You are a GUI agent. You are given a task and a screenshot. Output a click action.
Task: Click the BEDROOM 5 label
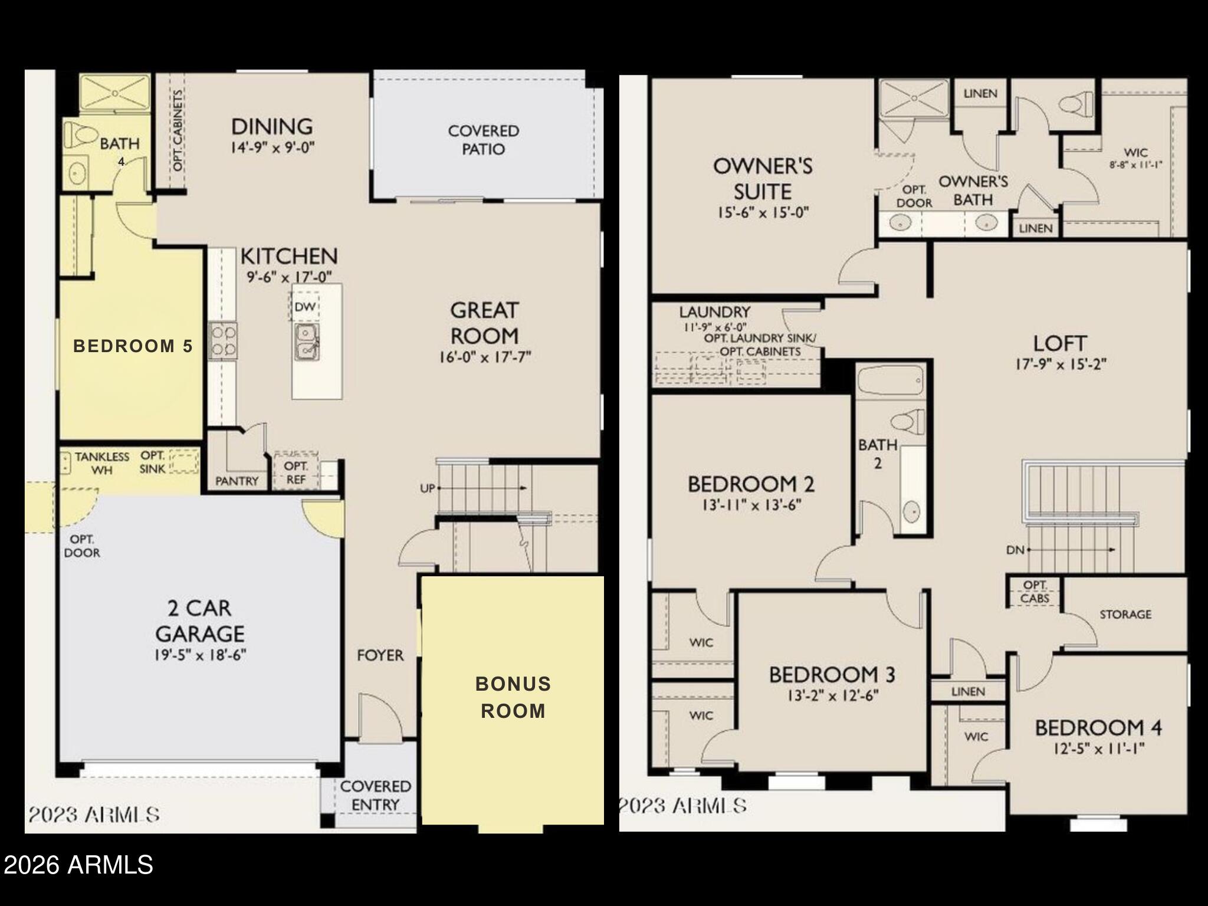(x=133, y=346)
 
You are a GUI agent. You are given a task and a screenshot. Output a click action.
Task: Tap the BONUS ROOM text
(x=513, y=697)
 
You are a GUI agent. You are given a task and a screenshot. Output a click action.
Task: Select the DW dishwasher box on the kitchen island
(x=306, y=307)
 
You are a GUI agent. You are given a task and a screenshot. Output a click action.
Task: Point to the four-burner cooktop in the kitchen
(x=223, y=341)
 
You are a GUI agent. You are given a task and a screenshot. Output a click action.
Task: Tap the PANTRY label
(x=237, y=481)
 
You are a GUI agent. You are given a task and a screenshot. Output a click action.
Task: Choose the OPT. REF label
(x=296, y=472)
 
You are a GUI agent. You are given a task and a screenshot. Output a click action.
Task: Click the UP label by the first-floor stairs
(x=428, y=488)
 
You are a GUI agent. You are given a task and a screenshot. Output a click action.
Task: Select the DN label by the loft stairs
(x=1015, y=550)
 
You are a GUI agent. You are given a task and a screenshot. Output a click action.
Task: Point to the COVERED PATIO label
(x=483, y=140)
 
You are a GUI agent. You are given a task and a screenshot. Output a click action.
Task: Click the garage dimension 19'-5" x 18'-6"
(x=201, y=655)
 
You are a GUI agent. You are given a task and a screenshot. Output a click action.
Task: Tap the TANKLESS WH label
(x=102, y=463)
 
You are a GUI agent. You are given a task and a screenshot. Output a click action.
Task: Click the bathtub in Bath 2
(x=891, y=383)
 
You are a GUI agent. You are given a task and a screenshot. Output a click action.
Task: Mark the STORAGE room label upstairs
(x=1125, y=615)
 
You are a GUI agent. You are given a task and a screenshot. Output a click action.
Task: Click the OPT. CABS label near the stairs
(x=1035, y=592)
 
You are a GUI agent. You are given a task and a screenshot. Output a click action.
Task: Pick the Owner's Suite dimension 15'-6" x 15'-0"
(x=763, y=212)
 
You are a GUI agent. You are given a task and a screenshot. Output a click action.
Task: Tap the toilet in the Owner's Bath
(x=1076, y=105)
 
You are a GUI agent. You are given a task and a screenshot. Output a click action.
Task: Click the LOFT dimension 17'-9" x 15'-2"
(x=1061, y=365)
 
